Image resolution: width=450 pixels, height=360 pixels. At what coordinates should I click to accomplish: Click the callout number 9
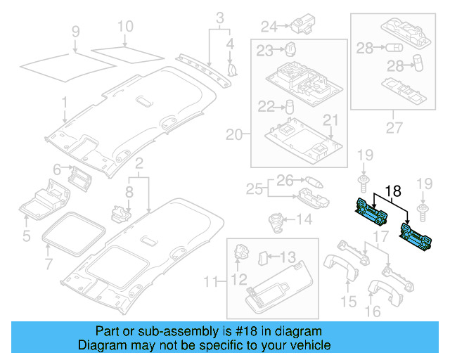(77, 32)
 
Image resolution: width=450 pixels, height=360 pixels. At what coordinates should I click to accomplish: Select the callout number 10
(124, 27)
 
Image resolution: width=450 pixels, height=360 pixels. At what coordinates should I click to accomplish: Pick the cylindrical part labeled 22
(288, 107)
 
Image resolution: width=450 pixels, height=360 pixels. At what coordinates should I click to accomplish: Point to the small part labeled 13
(264, 257)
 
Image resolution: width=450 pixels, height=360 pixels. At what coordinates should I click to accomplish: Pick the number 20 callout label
(233, 134)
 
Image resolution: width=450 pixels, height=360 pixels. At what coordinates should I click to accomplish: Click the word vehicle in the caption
(309, 345)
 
